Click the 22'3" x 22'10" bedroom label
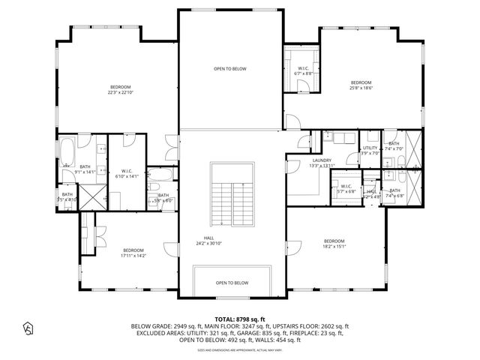[x=120, y=89]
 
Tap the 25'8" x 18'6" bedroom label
[x=361, y=85]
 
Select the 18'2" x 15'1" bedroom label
[x=334, y=243]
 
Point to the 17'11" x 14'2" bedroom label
[x=133, y=253]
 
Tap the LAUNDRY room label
[x=322, y=163]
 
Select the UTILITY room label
[x=370, y=151]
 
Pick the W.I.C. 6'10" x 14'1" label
[x=127, y=174]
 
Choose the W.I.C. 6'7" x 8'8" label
[x=302, y=71]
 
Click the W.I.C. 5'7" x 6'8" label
[x=346, y=189]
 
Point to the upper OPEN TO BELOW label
[x=230, y=69]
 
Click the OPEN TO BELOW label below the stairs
[x=232, y=283]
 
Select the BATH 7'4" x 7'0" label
[x=394, y=146]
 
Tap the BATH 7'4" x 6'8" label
[x=394, y=193]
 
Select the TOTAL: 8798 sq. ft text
[x=240, y=319]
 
